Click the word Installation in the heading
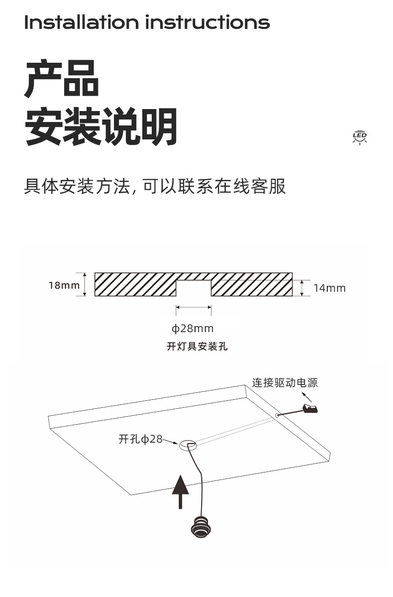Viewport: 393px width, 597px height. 81,22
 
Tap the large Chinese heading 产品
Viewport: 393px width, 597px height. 62,78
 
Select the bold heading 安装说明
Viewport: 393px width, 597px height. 101,126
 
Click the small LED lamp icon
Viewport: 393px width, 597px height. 359,137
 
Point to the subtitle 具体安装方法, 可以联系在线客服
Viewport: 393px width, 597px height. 155,186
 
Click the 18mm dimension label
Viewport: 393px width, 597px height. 64,285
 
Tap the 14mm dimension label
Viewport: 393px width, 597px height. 329,288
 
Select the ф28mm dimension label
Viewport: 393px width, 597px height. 193,329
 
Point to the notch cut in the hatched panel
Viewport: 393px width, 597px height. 194,288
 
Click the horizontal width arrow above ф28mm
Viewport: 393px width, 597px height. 194,308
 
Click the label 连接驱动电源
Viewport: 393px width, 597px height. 285,382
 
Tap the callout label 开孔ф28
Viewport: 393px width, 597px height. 141,439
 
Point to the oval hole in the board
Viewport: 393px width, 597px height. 188,444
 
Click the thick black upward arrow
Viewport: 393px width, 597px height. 181,491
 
